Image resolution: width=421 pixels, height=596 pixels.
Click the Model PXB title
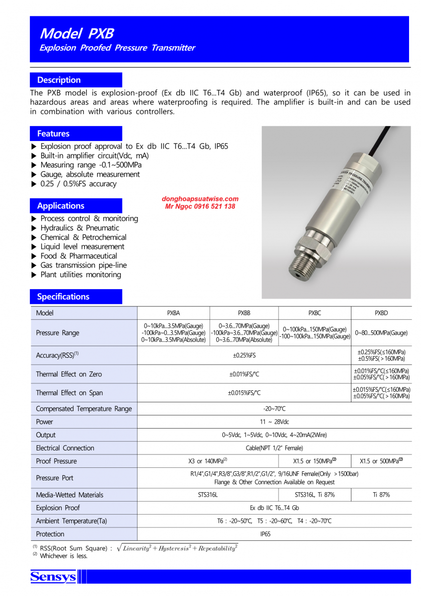76,33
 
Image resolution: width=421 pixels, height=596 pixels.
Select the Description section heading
59,80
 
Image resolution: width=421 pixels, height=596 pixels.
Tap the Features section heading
53,134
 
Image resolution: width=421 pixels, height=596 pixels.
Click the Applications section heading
61,206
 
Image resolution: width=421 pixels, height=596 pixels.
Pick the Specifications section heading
63,297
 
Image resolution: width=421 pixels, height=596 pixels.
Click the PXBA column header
173,313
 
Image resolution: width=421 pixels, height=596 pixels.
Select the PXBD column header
381,313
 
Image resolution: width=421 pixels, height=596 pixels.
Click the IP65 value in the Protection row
274,534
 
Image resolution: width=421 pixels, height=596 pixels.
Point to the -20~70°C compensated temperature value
274,409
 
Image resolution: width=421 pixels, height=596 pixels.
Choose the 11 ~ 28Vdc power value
274,422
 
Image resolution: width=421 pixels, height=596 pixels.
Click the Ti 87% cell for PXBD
381,495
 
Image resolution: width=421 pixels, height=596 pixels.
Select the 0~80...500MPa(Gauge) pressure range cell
381,333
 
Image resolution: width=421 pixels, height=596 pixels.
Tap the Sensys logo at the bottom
53,577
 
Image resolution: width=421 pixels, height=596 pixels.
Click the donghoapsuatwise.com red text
200,199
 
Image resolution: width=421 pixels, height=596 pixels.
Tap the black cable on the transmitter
383,139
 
